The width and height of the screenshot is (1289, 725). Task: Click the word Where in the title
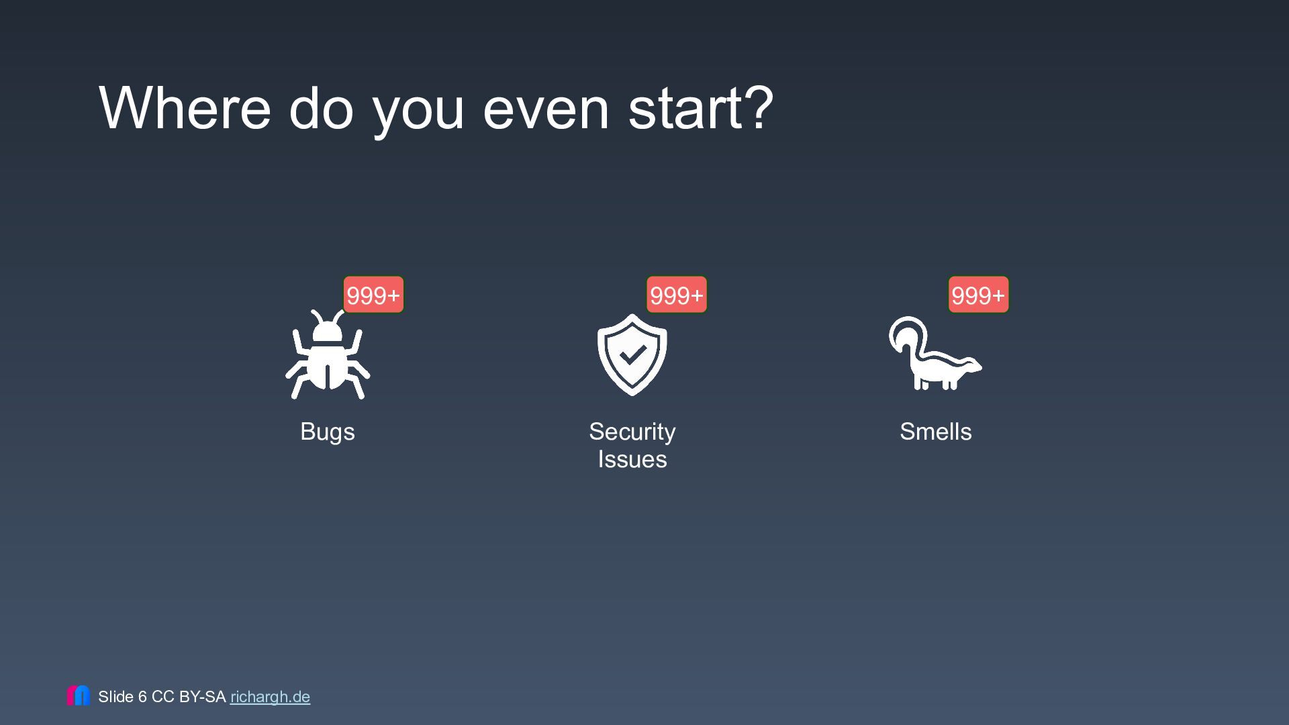(185, 107)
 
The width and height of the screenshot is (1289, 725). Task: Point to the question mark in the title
(759, 107)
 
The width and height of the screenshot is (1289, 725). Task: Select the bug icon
(328, 354)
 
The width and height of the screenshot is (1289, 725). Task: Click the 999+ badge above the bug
(373, 295)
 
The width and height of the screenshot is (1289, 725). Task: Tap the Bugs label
(328, 432)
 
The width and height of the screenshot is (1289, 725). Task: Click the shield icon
(632, 354)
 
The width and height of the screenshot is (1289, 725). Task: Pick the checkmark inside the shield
(632, 354)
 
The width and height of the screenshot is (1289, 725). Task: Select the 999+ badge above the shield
(677, 295)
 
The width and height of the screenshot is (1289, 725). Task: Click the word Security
(632, 432)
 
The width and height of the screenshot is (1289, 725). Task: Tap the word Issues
(632, 460)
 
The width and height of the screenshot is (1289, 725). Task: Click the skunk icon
(935, 354)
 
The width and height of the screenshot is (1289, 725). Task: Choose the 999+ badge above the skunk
(978, 295)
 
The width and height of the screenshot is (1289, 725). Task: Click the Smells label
(936, 432)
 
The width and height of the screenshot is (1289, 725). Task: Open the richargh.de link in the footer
(270, 697)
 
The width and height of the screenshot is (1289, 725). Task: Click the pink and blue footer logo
(79, 695)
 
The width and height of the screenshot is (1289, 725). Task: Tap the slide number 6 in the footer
(142, 697)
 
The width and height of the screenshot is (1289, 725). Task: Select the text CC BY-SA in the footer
(189, 697)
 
